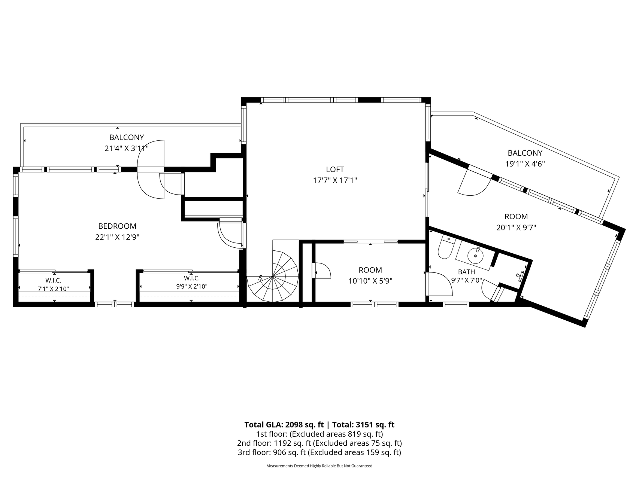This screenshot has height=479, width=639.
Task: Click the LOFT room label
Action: pos(335,170)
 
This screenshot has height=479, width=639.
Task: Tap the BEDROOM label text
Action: pos(117,226)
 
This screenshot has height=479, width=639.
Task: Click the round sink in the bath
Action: pos(476,256)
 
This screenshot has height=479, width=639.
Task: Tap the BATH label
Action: pos(466,272)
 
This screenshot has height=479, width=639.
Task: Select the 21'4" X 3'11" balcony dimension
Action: pos(127,149)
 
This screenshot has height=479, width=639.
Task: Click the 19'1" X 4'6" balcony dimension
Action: pos(525,164)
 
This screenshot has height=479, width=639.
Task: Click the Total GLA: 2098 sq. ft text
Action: pos(284,425)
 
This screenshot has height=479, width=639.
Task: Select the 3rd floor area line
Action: pos(319,452)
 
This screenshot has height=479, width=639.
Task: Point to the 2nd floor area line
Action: pos(319,443)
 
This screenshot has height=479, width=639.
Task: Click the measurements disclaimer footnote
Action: pos(319,466)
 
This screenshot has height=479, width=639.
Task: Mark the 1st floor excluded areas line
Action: pos(319,434)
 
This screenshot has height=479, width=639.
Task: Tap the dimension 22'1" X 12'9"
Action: pos(117,237)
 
